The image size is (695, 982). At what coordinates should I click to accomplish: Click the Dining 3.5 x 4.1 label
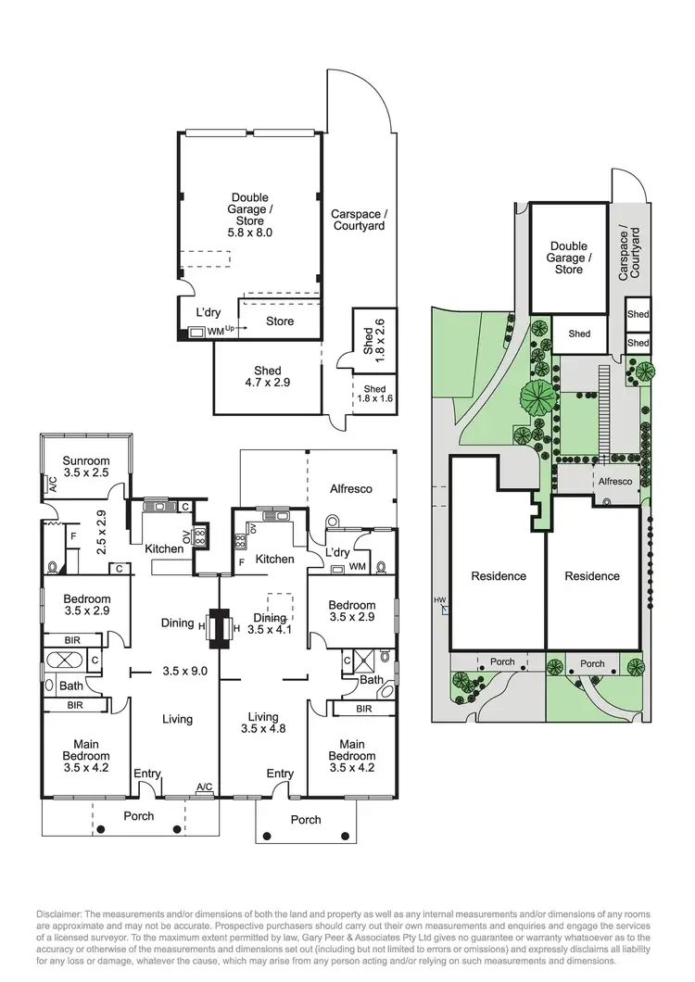coord(270,623)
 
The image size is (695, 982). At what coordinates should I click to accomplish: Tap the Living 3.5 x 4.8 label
coord(263,723)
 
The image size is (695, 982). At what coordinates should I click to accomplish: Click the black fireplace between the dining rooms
coord(219,629)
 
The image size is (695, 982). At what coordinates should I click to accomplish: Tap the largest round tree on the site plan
coord(537,397)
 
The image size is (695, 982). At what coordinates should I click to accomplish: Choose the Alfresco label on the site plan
coord(614,482)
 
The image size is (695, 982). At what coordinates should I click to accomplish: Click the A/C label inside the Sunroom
coord(53,483)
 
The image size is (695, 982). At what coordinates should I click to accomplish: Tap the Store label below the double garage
coord(280,321)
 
